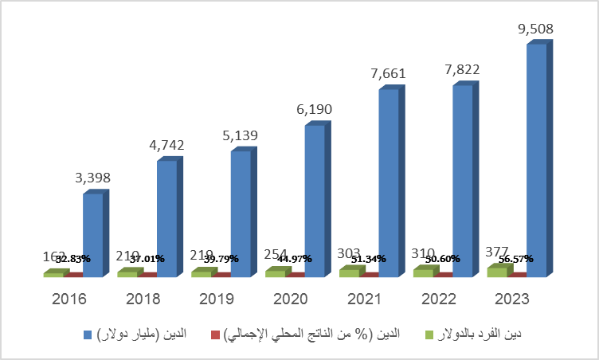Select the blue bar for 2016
(x=93, y=235)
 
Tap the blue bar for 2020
(x=315, y=201)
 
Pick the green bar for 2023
(x=496, y=272)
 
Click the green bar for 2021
(x=349, y=273)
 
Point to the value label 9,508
(x=535, y=29)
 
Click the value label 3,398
(x=93, y=178)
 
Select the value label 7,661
(x=388, y=74)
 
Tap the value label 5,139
(x=241, y=136)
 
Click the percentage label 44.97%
(x=296, y=259)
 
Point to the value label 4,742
(x=167, y=146)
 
